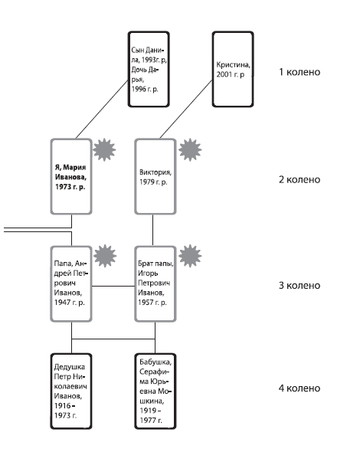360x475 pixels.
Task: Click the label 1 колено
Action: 299,72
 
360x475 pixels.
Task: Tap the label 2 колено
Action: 299,179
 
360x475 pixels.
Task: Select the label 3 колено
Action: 299,285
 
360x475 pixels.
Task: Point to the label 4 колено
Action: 299,388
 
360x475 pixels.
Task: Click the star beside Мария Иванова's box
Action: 104,150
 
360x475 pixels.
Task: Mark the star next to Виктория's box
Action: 190,150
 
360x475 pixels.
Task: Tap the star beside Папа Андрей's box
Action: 105,256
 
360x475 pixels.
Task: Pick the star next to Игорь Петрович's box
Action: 190,256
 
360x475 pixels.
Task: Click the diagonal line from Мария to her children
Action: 102,109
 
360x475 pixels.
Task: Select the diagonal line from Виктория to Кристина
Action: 186,109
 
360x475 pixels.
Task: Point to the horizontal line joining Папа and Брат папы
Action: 113,286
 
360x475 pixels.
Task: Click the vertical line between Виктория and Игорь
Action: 152,231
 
